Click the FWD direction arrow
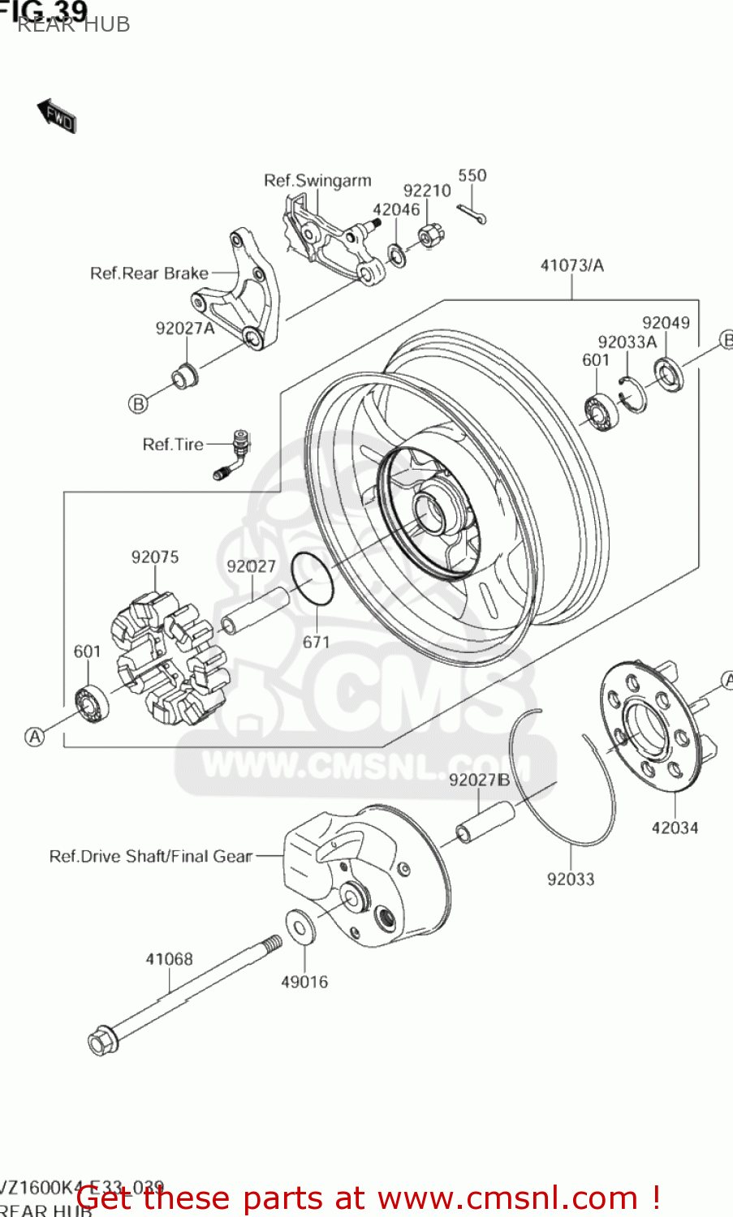57,117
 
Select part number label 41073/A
571,265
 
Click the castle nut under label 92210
430,236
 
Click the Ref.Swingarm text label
317,180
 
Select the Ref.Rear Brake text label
149,273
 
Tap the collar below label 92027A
184,376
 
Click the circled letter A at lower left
34,737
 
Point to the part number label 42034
675,828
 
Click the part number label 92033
570,879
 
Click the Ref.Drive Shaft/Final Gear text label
151,856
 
